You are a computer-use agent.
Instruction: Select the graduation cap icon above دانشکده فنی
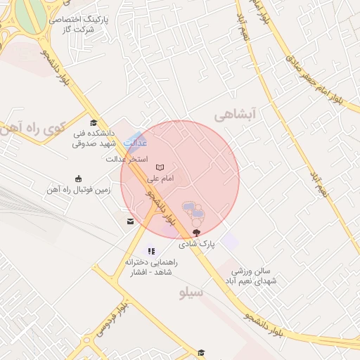(x=94, y=124)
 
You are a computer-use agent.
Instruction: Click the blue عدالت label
(x=135, y=143)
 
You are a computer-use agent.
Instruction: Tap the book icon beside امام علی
(x=160, y=167)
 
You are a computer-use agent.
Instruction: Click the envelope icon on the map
(x=130, y=221)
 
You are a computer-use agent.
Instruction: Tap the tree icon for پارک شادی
(x=196, y=232)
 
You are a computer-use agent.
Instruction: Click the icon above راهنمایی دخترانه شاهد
(x=150, y=251)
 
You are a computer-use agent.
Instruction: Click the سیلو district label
(x=191, y=292)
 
